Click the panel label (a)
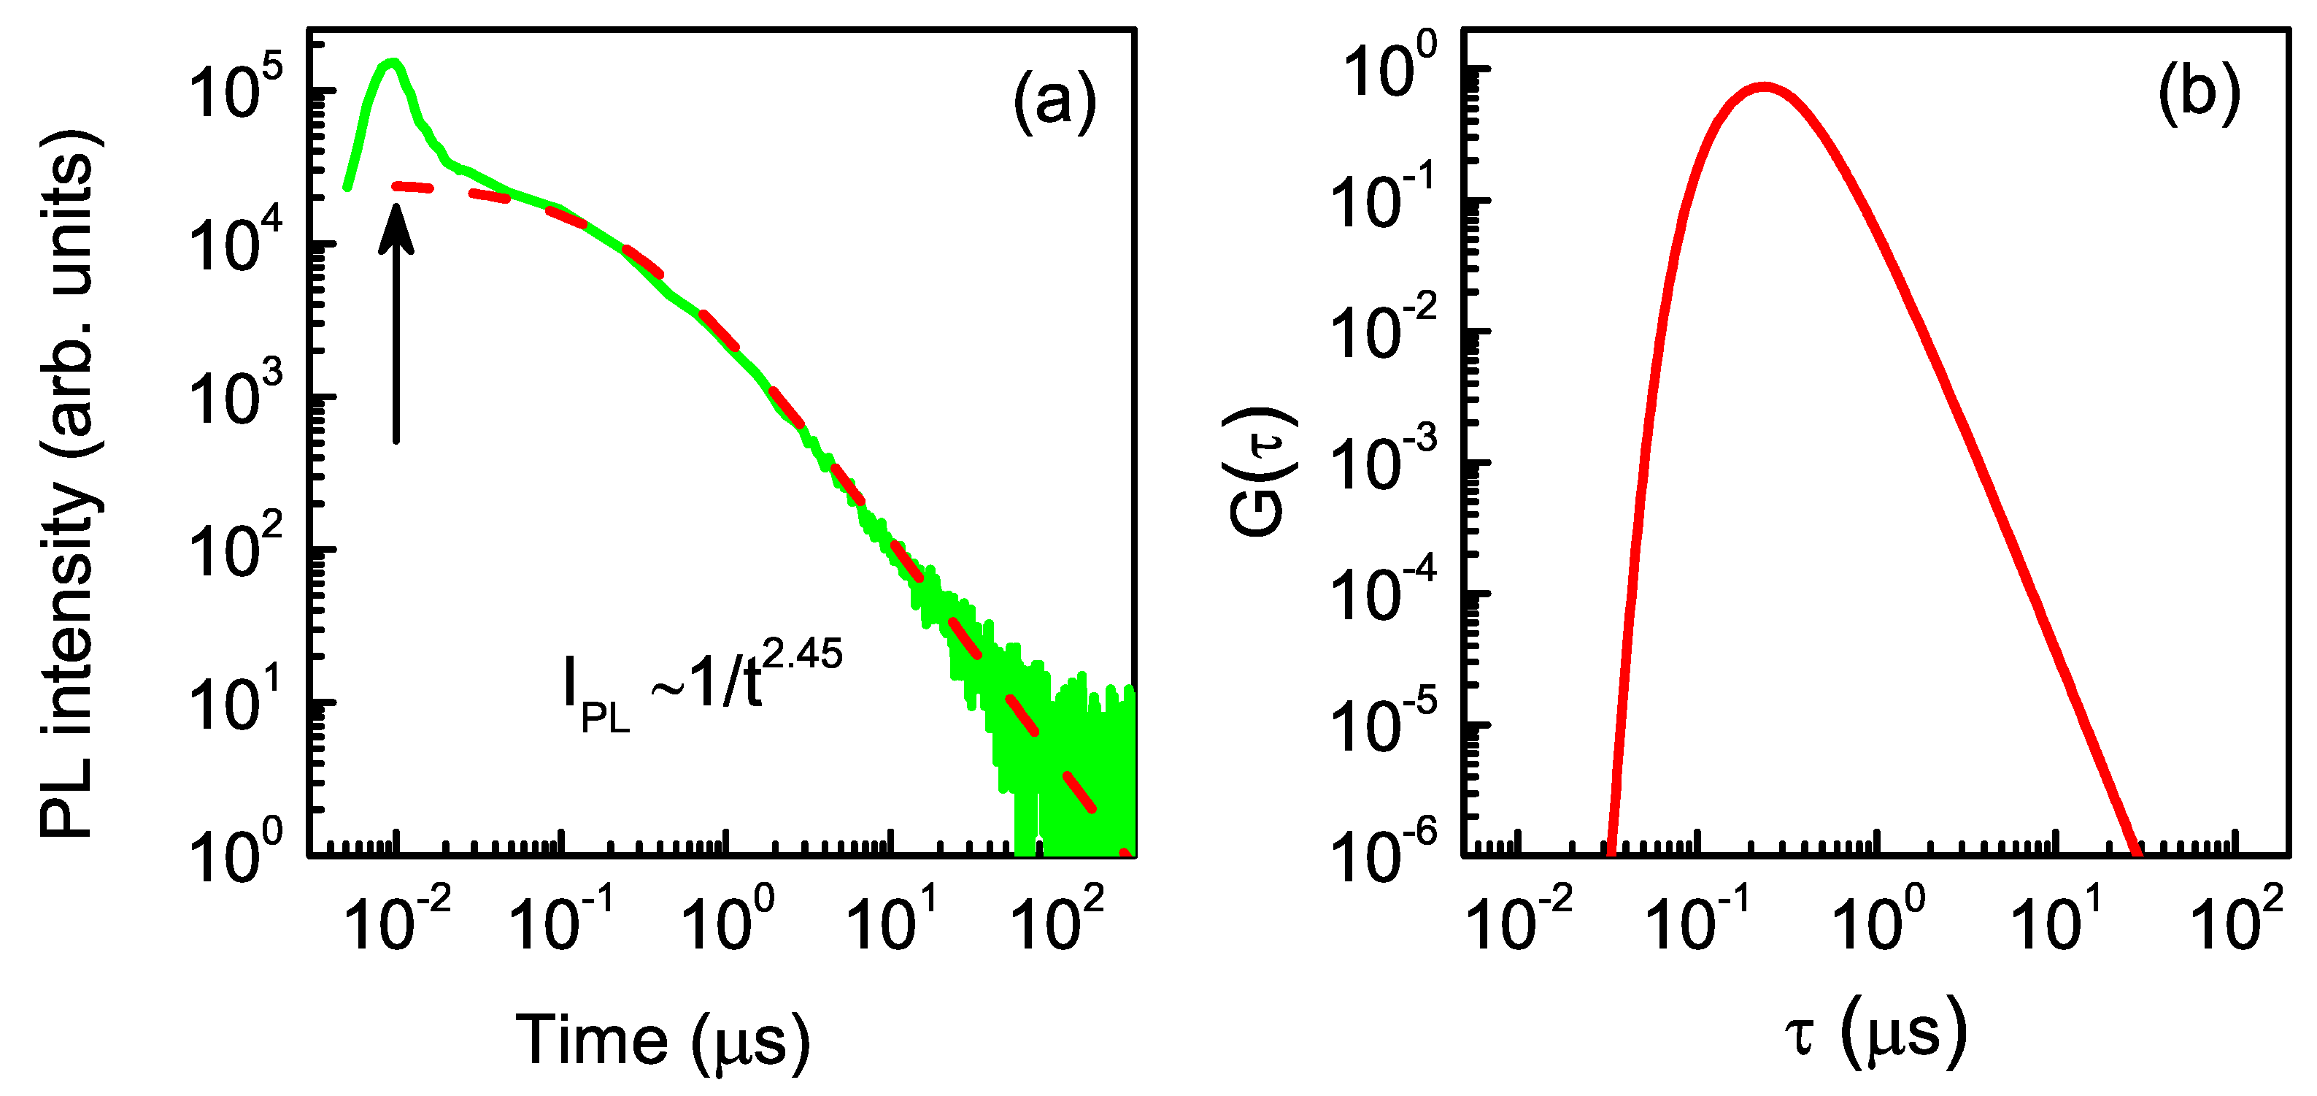(1055, 100)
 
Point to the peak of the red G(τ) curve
(1765, 88)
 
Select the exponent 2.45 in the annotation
(802, 654)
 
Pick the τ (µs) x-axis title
(1876, 1033)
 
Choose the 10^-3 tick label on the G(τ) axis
(1382, 462)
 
